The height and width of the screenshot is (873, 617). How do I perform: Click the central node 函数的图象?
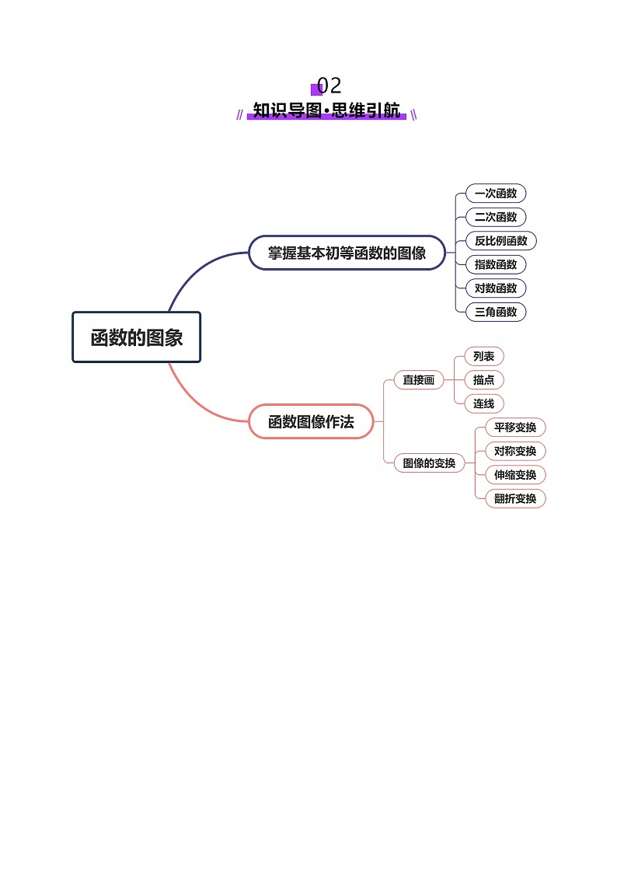pyautogui.click(x=137, y=337)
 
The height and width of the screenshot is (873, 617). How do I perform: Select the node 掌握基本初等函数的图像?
pyautogui.click(x=347, y=253)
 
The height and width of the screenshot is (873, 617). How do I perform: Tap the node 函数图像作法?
pyautogui.click(x=311, y=422)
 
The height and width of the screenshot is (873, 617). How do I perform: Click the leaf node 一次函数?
pyautogui.click(x=496, y=194)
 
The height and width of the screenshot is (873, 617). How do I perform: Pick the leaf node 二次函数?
pyautogui.click(x=496, y=217)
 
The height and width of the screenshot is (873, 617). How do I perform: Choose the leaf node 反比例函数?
pyautogui.click(x=501, y=241)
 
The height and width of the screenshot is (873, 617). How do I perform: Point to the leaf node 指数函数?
pyautogui.click(x=496, y=264)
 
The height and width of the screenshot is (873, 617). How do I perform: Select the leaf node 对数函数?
pyautogui.click(x=496, y=288)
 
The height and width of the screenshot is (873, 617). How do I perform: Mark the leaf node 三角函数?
pyautogui.click(x=496, y=312)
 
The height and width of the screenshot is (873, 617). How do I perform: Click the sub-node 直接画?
pyautogui.click(x=419, y=380)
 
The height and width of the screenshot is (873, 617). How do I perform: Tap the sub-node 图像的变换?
pyautogui.click(x=429, y=463)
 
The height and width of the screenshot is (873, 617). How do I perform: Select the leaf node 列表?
pyautogui.click(x=483, y=356)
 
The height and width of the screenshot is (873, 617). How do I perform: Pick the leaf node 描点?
pyautogui.click(x=483, y=380)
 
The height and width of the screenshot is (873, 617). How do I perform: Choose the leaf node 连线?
pyautogui.click(x=483, y=403)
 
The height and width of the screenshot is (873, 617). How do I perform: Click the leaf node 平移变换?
pyautogui.click(x=515, y=428)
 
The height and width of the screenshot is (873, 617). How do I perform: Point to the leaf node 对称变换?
pyautogui.click(x=515, y=451)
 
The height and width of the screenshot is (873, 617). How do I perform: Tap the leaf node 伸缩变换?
pyautogui.click(x=515, y=474)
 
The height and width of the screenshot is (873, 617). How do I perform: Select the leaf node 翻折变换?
pyautogui.click(x=515, y=498)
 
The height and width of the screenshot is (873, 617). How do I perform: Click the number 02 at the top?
pyautogui.click(x=329, y=86)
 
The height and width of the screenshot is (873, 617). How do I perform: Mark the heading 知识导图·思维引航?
pyautogui.click(x=326, y=110)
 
